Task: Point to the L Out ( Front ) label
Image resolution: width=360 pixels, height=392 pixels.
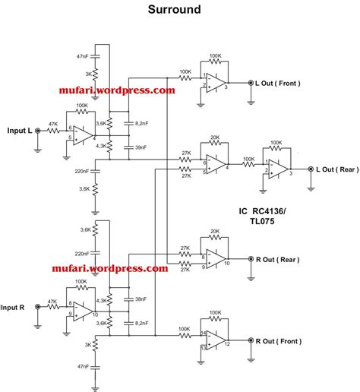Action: pyautogui.click(x=283, y=84)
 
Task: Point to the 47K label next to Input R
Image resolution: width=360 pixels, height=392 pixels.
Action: pyautogui.click(x=52, y=302)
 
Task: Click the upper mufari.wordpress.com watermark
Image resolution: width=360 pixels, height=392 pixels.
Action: pyautogui.click(x=117, y=90)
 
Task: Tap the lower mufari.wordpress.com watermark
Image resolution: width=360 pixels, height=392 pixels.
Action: pyautogui.click(x=110, y=268)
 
